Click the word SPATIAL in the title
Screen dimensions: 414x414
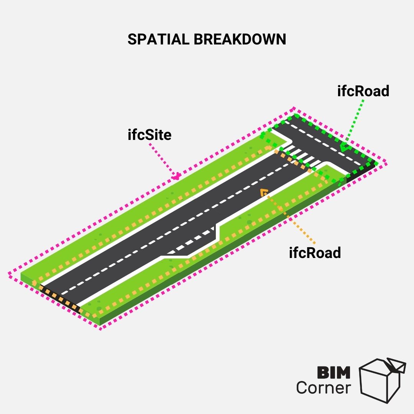click(158, 39)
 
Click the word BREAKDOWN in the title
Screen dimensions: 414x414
click(240, 39)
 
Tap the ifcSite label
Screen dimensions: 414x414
click(149, 135)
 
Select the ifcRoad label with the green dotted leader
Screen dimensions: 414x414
click(363, 91)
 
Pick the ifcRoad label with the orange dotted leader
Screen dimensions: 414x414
click(315, 253)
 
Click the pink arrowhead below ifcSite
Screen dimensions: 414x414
click(176, 176)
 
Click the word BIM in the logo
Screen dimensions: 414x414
click(334, 373)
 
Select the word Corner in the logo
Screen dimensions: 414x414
click(324, 388)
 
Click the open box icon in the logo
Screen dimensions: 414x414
click(382, 381)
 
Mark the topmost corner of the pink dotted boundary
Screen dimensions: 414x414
click(294, 108)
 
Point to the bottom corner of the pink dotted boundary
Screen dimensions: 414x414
click(100, 329)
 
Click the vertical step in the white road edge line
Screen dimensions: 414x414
click(218, 233)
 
